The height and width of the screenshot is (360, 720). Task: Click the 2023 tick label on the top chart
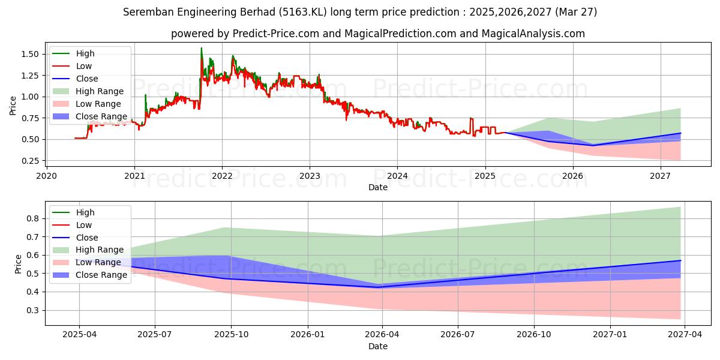point(310,176)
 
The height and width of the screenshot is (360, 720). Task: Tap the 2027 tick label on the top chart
point(661,176)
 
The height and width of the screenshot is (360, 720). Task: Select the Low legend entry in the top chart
point(84,66)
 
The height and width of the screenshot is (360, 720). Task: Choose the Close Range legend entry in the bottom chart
point(101,275)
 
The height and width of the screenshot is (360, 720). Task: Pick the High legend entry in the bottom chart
point(85,212)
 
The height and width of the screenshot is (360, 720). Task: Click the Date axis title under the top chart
point(378,187)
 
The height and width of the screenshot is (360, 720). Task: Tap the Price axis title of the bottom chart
point(18,264)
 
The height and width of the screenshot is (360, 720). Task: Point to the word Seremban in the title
point(145,12)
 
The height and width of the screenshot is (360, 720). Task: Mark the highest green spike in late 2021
point(202,49)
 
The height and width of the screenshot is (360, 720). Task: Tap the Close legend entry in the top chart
point(87,79)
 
